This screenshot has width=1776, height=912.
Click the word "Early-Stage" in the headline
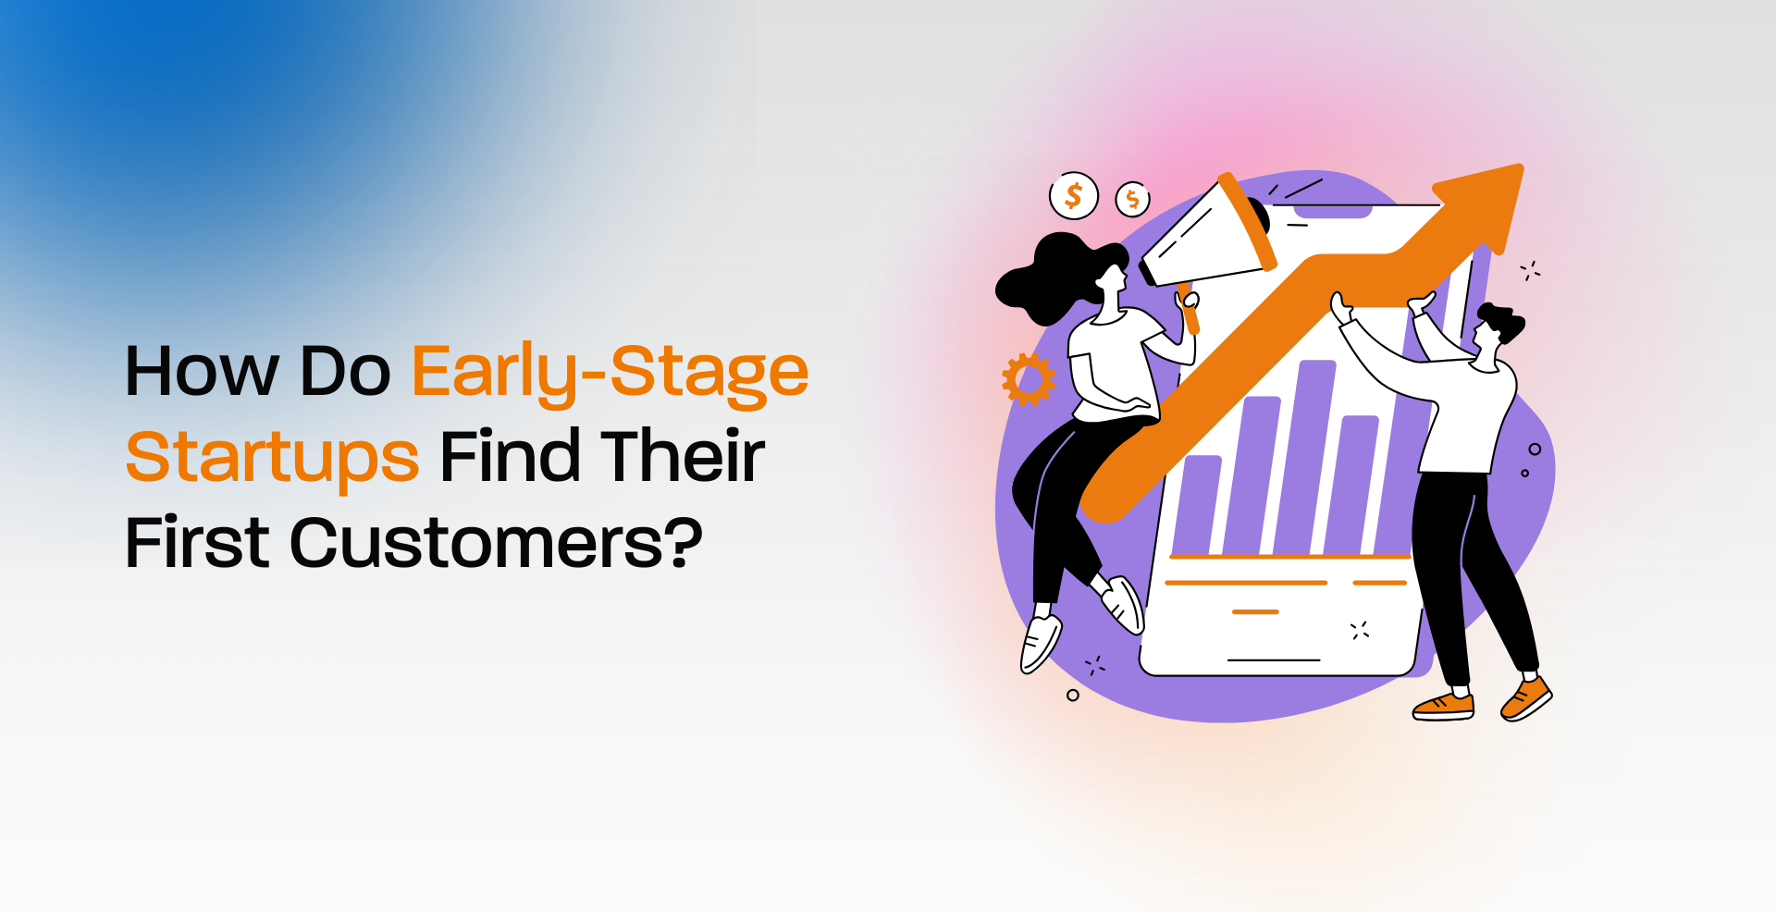coord(610,372)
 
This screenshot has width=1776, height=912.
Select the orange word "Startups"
coord(273,457)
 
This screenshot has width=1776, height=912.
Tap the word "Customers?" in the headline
coord(497,542)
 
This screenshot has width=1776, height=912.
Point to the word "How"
coord(202,372)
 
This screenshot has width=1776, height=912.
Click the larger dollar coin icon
coord(1074,196)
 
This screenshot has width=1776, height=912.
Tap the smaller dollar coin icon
coord(1132,199)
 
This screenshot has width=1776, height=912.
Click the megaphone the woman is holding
coord(1207,231)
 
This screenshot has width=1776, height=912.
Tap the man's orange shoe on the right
coord(1525,697)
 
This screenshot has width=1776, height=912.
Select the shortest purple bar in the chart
coord(1200,505)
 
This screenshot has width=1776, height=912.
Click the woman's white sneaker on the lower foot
coord(1040,644)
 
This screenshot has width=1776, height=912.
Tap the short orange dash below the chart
coord(1255,612)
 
